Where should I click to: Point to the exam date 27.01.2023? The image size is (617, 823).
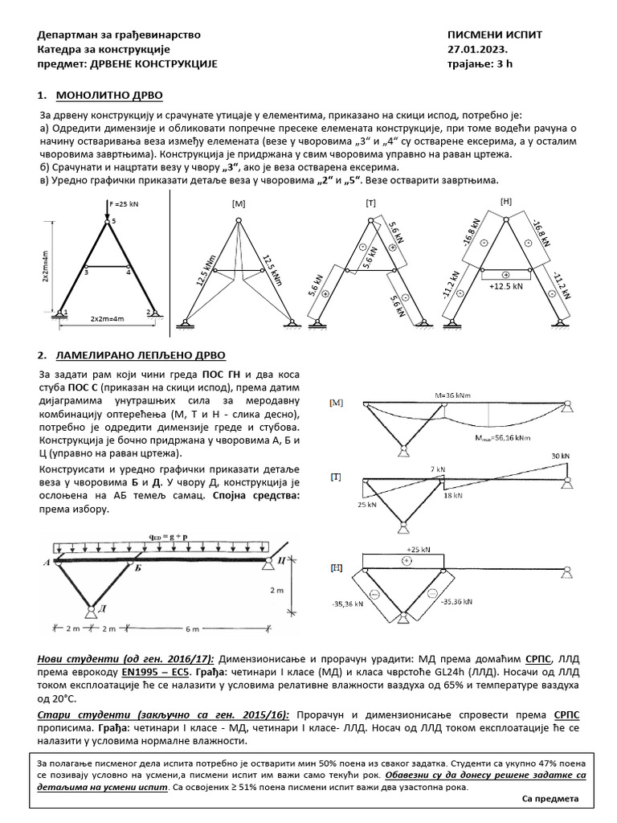[x=475, y=50]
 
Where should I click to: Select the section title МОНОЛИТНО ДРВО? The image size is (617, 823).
[x=108, y=96]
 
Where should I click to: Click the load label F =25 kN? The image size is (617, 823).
[x=125, y=204]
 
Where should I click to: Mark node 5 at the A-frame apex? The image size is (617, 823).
[x=113, y=220]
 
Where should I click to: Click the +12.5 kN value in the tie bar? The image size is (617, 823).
[x=505, y=285]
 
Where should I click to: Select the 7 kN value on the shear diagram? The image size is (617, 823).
[x=437, y=468]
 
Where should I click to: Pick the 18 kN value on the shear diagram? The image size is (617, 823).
[x=453, y=496]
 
